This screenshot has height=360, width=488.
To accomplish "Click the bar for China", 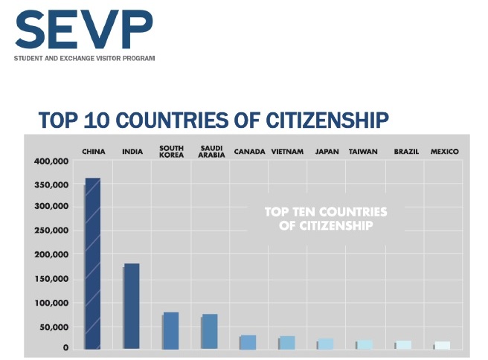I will click(92, 263).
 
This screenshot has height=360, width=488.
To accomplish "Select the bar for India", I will click(132, 306).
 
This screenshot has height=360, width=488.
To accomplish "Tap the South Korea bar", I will click(170, 330).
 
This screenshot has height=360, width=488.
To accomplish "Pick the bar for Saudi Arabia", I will click(210, 331).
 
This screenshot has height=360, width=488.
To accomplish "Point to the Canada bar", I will click(248, 342).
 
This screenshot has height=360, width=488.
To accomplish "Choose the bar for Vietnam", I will click(286, 342).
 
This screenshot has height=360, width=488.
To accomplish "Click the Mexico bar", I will click(443, 345).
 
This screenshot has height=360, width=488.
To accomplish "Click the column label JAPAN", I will click(327, 152).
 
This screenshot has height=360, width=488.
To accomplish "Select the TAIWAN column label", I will click(363, 152).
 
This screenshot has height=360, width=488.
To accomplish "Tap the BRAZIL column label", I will click(406, 152).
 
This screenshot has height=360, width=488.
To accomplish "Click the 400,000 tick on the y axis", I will click(51, 161).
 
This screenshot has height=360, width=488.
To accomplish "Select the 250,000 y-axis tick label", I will click(51, 231).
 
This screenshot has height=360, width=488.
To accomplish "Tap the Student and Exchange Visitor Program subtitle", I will click(84, 59).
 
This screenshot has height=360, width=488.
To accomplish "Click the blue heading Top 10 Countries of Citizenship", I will click(213, 120).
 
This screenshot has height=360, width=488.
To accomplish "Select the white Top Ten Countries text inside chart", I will click(326, 218).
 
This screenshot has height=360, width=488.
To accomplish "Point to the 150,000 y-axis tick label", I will click(51, 279).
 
